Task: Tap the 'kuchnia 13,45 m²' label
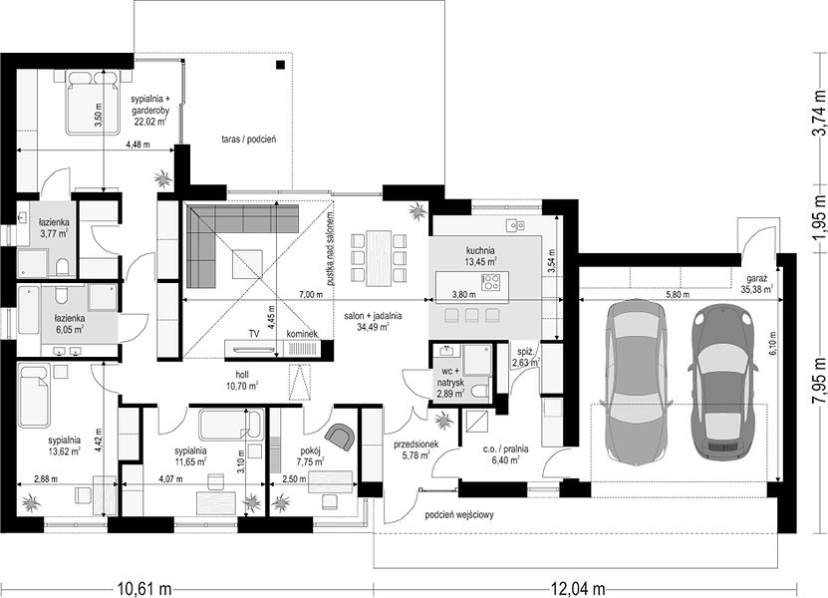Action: [x=480, y=256]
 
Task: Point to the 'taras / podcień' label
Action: [x=249, y=140]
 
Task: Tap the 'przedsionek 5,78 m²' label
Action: [x=416, y=450]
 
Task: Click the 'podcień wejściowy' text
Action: [x=459, y=514]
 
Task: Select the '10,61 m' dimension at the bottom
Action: [x=143, y=587]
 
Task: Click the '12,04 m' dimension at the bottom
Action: [x=578, y=587]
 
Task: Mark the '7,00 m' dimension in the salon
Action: [x=311, y=295]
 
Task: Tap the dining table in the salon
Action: [x=380, y=258]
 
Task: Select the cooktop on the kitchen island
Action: [x=492, y=282]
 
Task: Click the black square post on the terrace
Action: [x=280, y=65]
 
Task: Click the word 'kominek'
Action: [x=303, y=334]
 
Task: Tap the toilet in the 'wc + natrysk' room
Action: [x=480, y=392]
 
